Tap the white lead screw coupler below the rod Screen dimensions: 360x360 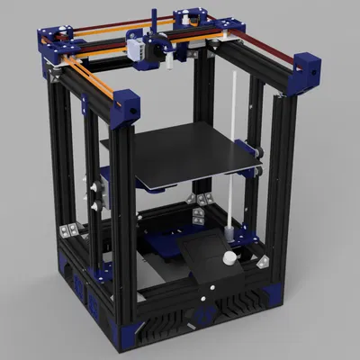[232, 235]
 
